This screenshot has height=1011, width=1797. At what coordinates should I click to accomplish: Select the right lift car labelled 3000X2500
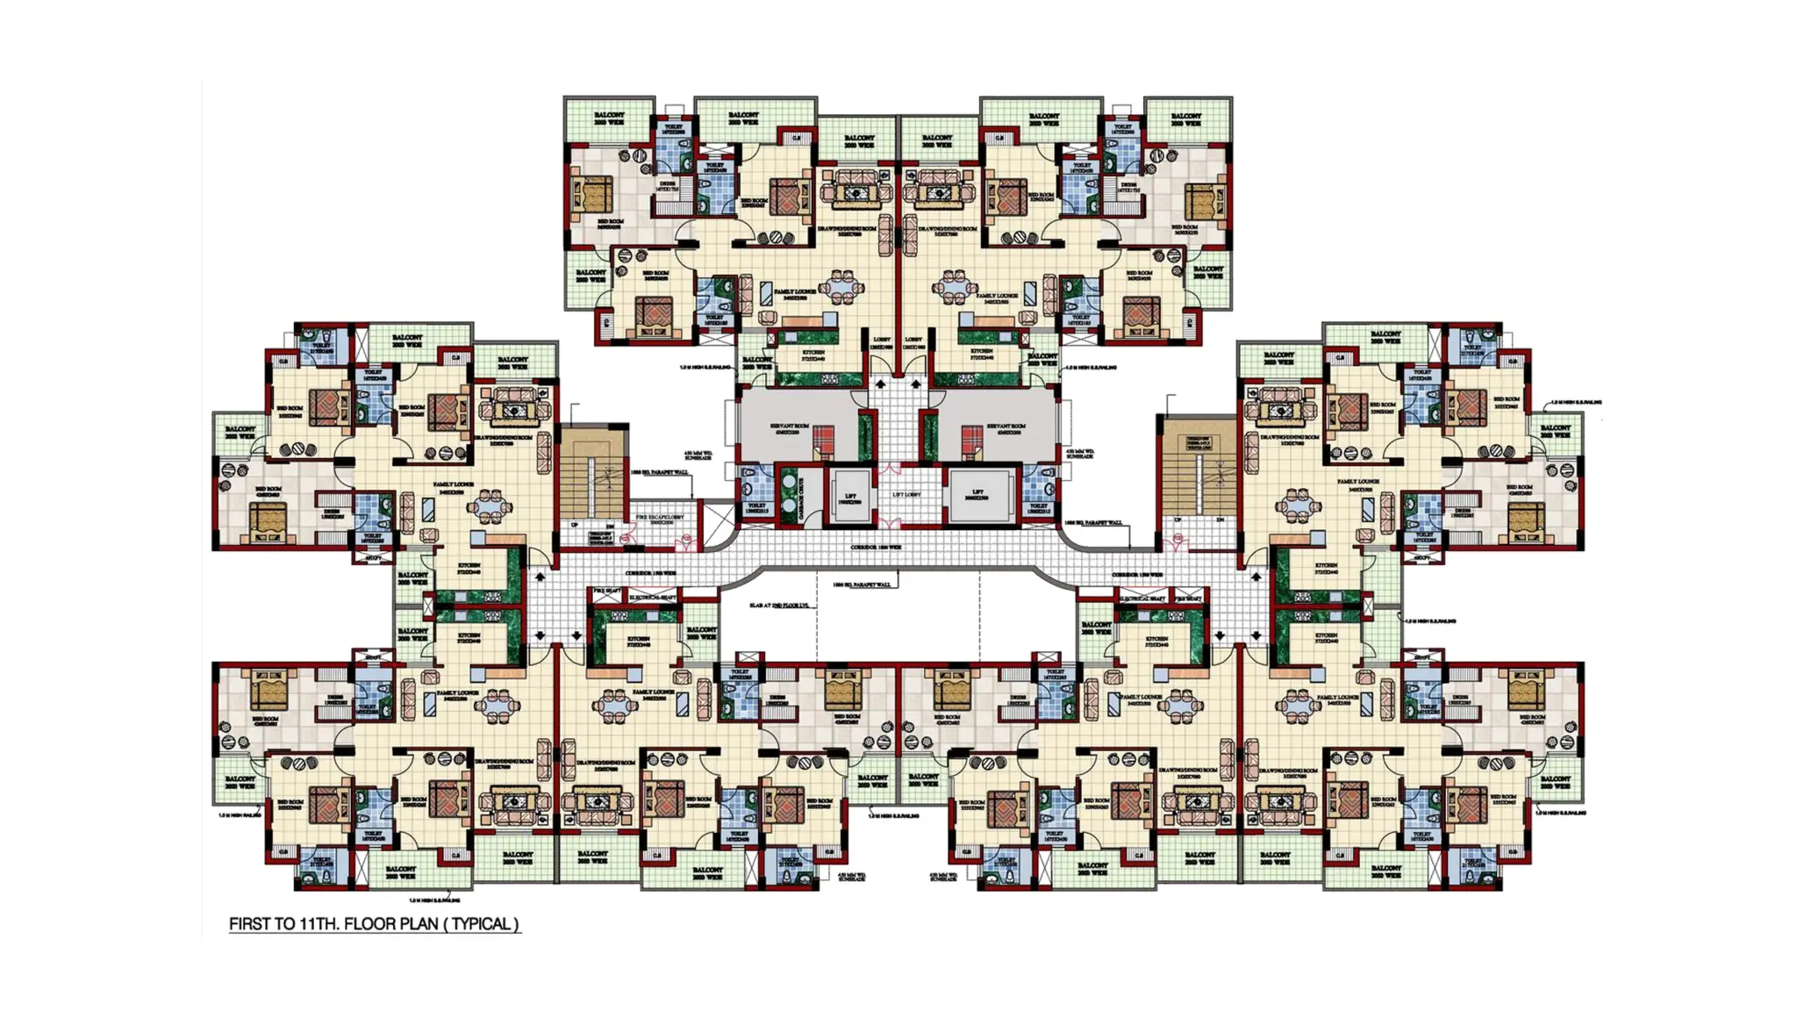click(x=978, y=496)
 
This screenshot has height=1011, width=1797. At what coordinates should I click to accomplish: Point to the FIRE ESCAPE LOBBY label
click(x=660, y=518)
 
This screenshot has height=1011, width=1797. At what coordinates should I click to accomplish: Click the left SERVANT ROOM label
click(x=790, y=427)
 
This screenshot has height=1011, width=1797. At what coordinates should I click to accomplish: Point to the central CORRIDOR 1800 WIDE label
click(x=876, y=548)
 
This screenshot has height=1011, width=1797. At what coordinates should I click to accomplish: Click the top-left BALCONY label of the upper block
click(x=609, y=118)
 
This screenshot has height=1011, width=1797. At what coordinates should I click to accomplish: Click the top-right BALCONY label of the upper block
click(x=1185, y=118)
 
